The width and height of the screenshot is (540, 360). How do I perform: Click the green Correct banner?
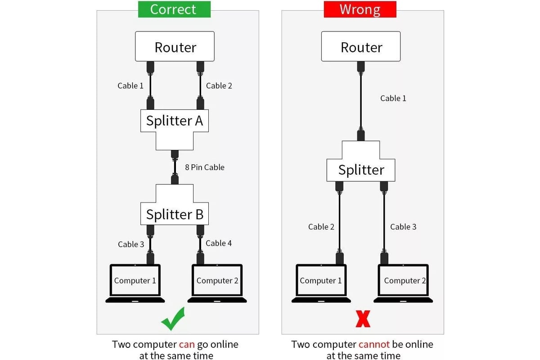coord(174,9)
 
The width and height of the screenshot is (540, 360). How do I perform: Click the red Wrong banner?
coord(360,9)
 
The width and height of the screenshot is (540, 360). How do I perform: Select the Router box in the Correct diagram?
coord(175,46)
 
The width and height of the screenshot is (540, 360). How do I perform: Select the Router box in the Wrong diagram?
coord(361,46)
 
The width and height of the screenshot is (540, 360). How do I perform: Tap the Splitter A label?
coord(175,121)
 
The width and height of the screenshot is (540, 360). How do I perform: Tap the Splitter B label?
coord(175,214)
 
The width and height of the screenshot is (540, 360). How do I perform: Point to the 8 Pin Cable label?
coord(205,167)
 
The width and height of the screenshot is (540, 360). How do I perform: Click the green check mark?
coord(173,319)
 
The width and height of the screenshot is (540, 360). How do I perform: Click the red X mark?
coord(363,319)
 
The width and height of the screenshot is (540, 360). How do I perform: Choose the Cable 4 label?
coord(219,243)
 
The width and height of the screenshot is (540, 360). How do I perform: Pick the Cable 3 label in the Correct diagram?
coord(131,244)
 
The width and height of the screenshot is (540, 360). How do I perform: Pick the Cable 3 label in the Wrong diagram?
coord(403,227)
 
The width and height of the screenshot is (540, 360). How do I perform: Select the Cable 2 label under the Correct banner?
coord(219,85)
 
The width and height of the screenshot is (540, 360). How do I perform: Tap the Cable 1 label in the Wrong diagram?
coord(393,98)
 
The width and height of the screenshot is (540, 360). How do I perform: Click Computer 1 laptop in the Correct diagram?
coord(135,283)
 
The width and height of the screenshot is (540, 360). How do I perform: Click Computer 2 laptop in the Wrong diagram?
coord(403,283)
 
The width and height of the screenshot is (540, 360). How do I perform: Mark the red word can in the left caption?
coord(187,345)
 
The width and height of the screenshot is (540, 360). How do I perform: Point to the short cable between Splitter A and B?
coord(175,167)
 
